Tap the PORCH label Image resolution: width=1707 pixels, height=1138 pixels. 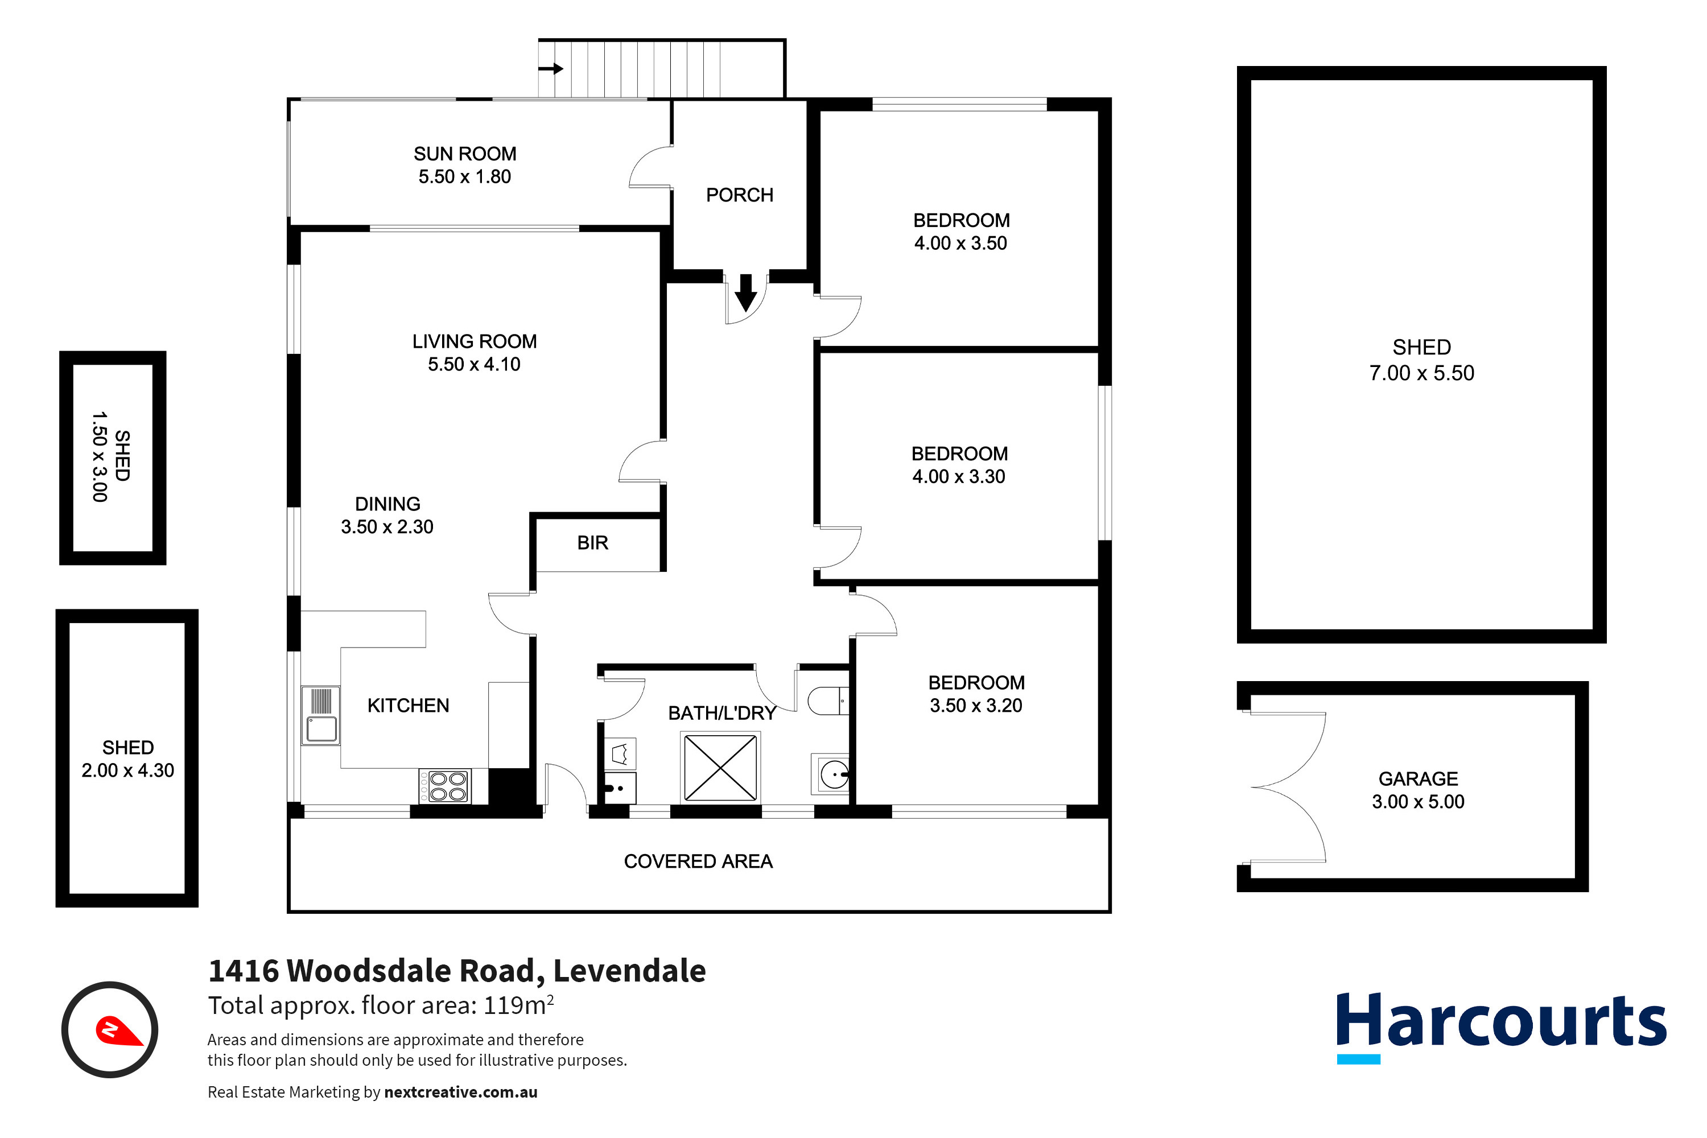point(740,195)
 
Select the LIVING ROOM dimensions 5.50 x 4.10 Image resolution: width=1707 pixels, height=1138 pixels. point(474,364)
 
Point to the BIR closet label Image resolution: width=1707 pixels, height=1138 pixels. point(592,543)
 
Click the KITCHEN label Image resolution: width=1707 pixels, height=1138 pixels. point(408,706)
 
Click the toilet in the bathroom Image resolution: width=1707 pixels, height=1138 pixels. point(827,701)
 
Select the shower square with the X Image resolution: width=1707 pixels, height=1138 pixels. point(720,768)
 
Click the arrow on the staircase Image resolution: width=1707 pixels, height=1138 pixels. point(551,69)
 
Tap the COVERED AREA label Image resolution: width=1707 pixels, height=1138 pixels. point(698,861)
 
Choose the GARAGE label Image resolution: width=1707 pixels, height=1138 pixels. point(1417,780)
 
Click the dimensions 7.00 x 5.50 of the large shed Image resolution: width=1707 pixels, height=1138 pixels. point(1421,373)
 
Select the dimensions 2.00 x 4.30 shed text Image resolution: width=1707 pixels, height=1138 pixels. point(127,771)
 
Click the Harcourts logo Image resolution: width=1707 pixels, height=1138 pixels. point(1500,1023)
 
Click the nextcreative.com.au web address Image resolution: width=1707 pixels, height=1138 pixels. point(461,1092)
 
